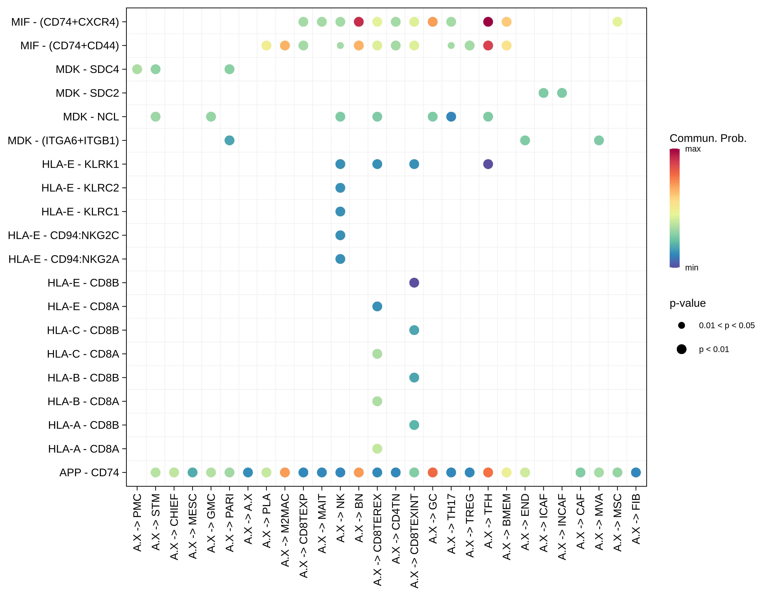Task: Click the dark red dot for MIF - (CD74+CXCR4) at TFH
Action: click(x=488, y=22)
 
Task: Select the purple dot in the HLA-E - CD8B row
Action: click(x=414, y=283)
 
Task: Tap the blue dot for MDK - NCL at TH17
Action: click(x=451, y=117)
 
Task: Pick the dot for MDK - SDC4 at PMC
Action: click(x=137, y=69)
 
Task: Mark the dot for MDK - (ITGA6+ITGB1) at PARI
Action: click(x=230, y=140)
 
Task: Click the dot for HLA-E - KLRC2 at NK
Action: click(x=340, y=188)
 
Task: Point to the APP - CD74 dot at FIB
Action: click(x=636, y=472)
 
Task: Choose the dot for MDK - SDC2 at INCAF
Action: click(x=562, y=93)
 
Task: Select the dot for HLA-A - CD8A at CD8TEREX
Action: click(x=377, y=449)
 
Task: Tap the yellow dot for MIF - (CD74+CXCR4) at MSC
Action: click(x=617, y=22)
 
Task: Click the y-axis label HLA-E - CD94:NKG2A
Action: click(x=64, y=259)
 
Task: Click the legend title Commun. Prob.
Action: click(x=708, y=138)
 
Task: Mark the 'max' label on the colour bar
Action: click(x=693, y=149)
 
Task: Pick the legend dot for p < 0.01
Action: click(x=682, y=349)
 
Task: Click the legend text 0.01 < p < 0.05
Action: click(x=727, y=325)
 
